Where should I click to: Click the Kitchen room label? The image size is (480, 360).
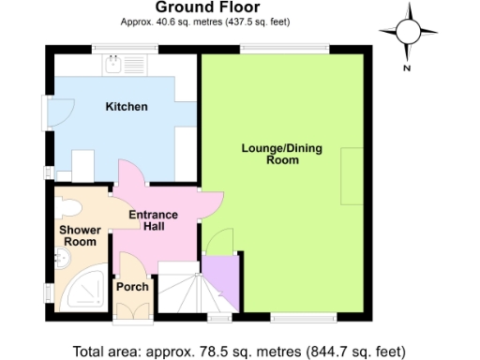tap(126, 107)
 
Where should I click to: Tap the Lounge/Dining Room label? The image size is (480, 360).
tap(270, 155)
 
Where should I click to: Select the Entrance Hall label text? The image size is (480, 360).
tap(153, 221)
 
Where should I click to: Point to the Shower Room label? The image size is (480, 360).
tap(78, 235)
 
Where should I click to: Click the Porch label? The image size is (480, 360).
tap(131, 287)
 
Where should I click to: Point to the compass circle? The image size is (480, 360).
tap(410, 31)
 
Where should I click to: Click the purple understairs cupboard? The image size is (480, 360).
tap(222, 274)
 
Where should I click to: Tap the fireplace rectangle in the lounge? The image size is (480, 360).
tap(352, 175)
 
